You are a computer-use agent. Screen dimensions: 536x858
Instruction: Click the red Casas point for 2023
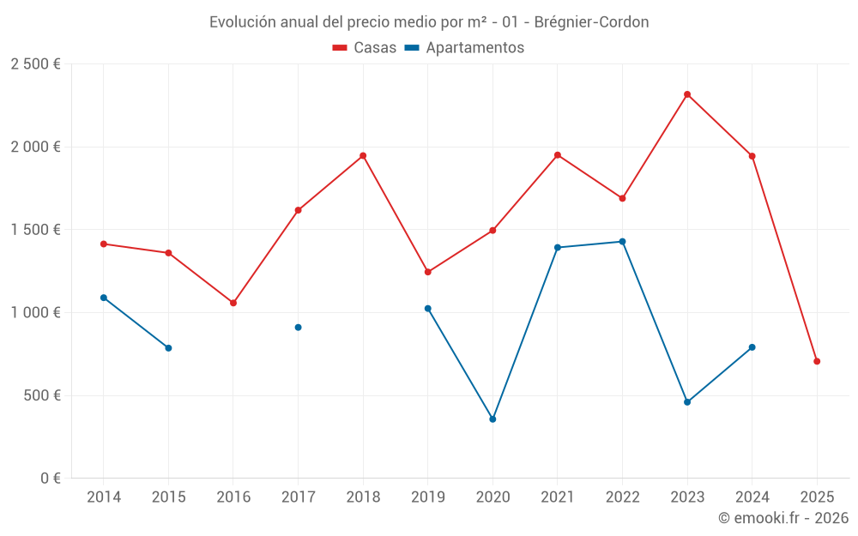[687, 94]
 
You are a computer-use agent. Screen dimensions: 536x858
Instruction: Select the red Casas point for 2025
[817, 361]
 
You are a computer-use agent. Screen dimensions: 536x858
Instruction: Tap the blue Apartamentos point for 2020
[492, 419]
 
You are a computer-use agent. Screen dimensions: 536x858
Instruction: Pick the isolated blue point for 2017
[298, 328]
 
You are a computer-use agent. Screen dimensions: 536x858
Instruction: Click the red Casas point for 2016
[233, 303]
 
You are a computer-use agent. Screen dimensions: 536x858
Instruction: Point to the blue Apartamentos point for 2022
[622, 242]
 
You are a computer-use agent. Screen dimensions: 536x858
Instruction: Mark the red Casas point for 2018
[363, 156]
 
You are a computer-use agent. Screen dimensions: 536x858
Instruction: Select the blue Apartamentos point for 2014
[104, 298]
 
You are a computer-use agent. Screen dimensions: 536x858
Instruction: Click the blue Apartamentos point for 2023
[687, 402]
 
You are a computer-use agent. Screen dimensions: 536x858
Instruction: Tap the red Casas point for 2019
[428, 272]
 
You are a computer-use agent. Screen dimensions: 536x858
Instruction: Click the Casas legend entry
[365, 48]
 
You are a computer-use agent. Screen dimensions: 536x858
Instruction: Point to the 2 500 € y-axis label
[35, 64]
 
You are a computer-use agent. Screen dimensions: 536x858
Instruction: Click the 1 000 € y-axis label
[35, 313]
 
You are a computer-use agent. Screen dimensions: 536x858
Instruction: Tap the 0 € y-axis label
[51, 479]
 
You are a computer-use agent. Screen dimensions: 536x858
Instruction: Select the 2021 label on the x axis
[558, 497]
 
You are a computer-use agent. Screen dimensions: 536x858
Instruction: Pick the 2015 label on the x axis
[168, 497]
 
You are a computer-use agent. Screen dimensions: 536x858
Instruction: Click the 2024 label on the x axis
[752, 497]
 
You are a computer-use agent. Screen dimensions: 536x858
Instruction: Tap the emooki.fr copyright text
[783, 518]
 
